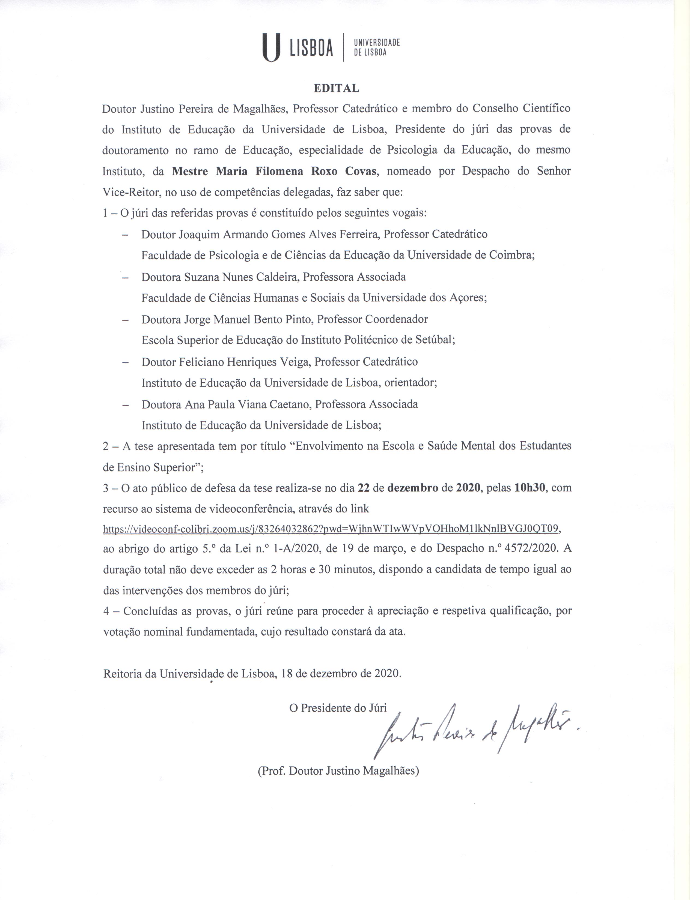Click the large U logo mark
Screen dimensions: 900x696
point(271,48)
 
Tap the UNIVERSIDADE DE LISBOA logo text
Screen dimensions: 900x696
point(377,48)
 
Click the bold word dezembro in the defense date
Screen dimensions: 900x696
point(413,488)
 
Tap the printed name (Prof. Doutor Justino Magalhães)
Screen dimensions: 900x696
point(338,771)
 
